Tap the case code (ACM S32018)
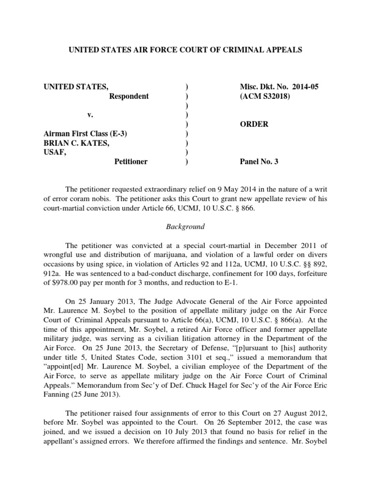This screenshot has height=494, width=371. pyautogui.click(x=262, y=96)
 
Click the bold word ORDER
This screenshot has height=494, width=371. pyautogui.click(x=255, y=124)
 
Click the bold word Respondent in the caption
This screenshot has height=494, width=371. pyautogui.click(x=128, y=96)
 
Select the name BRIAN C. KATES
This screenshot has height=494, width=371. pyautogui.click(x=77, y=143)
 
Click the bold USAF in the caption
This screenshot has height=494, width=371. pyautogui.click(x=54, y=152)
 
